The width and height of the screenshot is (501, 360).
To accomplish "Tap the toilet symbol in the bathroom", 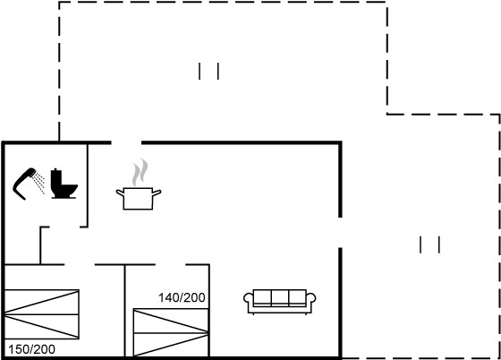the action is point(64,184).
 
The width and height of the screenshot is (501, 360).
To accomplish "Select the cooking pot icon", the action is point(139,198).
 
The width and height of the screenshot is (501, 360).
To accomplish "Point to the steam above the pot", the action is point(140,173).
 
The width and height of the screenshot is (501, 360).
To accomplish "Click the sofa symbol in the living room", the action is point(279,302).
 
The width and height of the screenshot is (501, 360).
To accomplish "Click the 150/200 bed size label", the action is point(31,349).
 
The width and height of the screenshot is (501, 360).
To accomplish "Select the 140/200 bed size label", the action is point(182,297).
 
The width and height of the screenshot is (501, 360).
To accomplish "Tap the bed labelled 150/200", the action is point(42,314).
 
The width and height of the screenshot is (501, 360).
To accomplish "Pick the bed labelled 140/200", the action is point(171,332).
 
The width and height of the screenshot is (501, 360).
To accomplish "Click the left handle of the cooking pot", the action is point(120,193).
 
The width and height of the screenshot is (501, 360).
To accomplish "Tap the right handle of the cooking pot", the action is point(157,193).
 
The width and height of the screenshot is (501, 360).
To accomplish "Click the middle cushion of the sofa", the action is point(280,297).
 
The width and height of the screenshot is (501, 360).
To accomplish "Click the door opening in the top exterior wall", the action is point(126,142).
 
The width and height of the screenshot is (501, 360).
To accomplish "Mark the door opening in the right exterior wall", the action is point(340,233).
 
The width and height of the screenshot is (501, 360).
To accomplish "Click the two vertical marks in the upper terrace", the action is point(209,71).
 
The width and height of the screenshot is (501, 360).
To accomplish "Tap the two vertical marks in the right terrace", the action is point(429,244).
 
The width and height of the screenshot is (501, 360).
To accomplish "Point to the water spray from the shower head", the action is point(39,183).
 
